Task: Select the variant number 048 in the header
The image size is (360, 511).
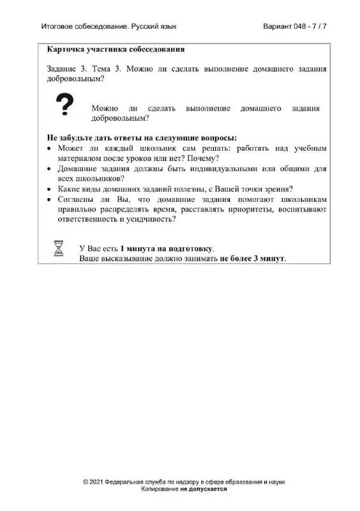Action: (x=301, y=27)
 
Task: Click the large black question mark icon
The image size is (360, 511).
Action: (x=64, y=105)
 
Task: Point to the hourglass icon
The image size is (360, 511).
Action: (x=59, y=248)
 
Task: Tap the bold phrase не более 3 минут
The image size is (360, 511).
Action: (x=253, y=259)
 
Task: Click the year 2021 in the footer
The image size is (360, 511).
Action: (x=97, y=482)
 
